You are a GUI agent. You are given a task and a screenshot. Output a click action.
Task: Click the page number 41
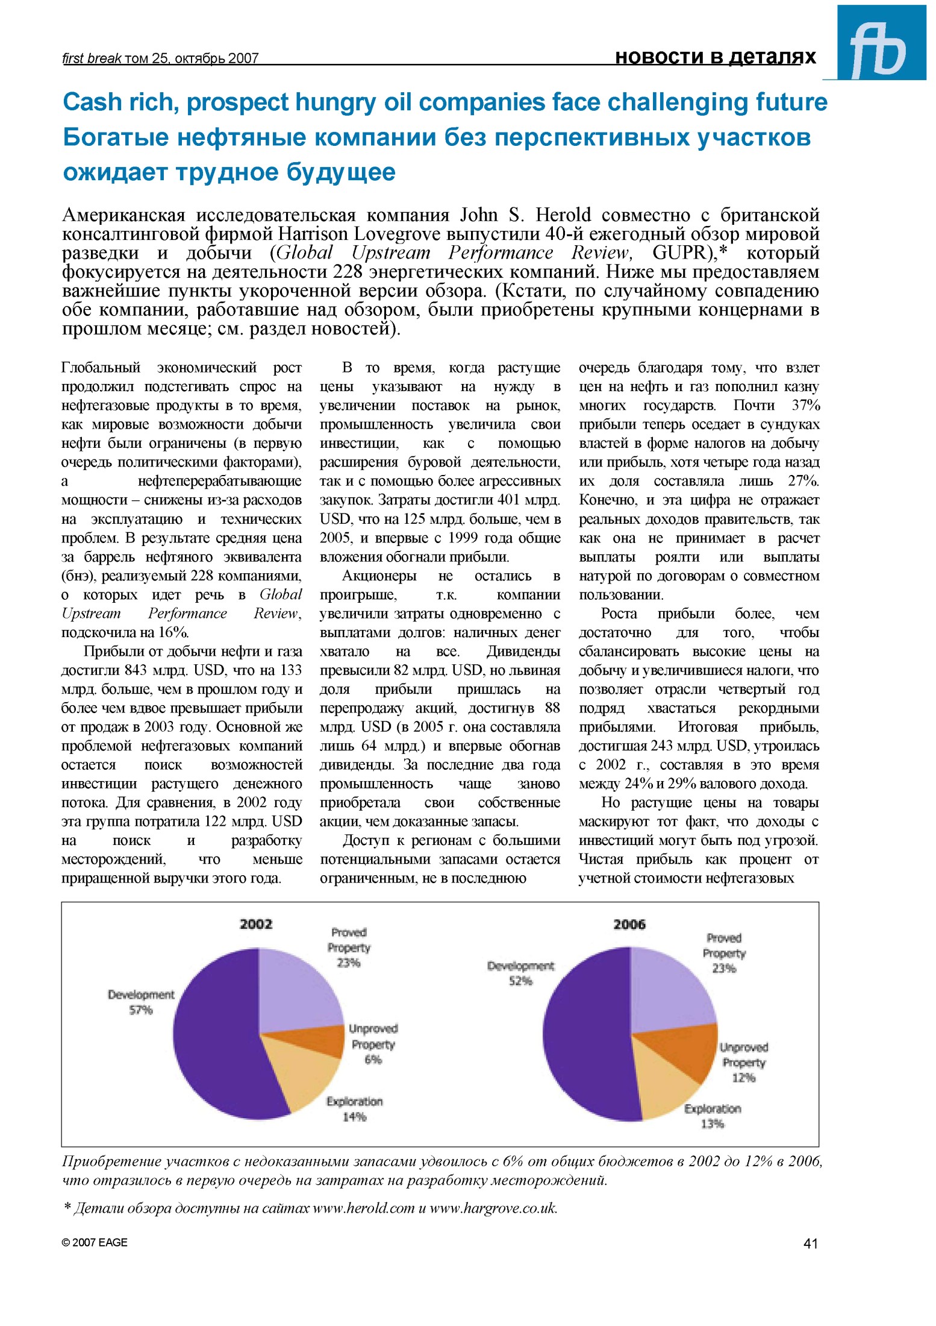(810, 1243)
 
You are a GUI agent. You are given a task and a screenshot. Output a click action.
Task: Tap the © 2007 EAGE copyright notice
(95, 1242)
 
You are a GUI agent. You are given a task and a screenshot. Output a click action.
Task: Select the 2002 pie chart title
(256, 924)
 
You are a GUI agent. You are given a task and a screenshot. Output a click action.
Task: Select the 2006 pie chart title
(629, 924)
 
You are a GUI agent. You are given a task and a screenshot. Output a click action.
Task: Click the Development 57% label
(141, 1002)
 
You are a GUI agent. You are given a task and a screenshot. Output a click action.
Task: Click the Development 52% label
(520, 973)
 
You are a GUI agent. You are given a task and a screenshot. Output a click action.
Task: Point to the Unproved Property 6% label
(373, 1044)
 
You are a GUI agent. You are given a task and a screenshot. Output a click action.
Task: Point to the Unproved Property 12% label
(744, 1063)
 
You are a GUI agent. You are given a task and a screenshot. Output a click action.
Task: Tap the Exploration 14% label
(354, 1109)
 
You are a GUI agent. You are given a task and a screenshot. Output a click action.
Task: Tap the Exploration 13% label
(713, 1116)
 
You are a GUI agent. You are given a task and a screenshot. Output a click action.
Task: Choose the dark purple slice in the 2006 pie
(584, 1037)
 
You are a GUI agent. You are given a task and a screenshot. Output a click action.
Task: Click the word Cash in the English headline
(93, 102)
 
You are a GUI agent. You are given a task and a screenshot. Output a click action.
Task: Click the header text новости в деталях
(715, 57)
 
